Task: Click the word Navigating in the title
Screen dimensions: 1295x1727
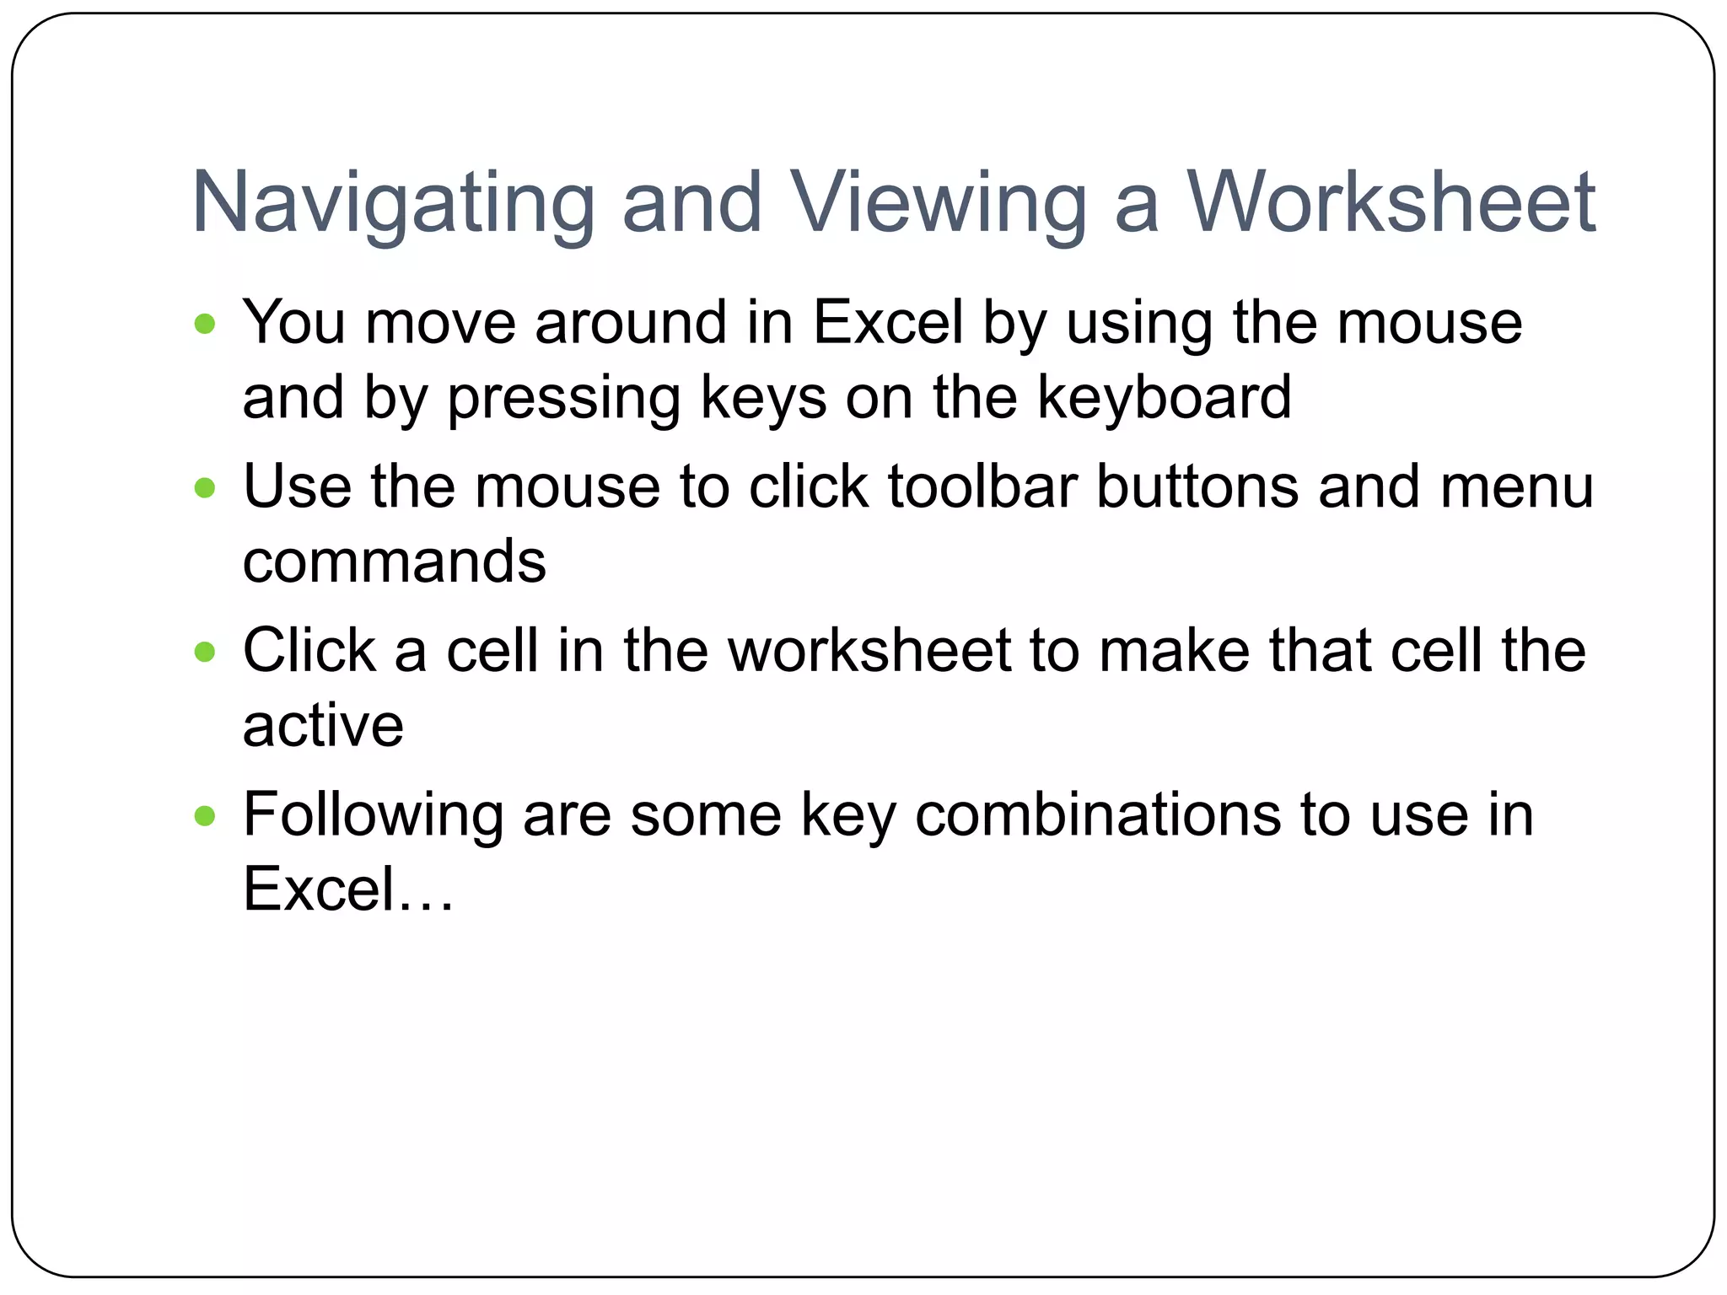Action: [394, 203]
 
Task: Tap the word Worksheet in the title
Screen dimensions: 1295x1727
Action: [1391, 203]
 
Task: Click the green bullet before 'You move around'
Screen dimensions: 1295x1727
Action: [205, 324]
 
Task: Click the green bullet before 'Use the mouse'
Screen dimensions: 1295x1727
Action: [205, 488]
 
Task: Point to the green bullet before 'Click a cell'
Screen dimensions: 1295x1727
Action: [205, 652]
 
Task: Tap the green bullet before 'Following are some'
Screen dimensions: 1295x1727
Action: [205, 815]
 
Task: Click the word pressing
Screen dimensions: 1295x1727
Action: [563, 397]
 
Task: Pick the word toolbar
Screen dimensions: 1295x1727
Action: [982, 486]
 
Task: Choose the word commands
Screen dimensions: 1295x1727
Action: [394, 562]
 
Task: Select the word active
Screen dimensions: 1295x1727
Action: [323, 726]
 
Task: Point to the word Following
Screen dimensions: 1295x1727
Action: [372, 815]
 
